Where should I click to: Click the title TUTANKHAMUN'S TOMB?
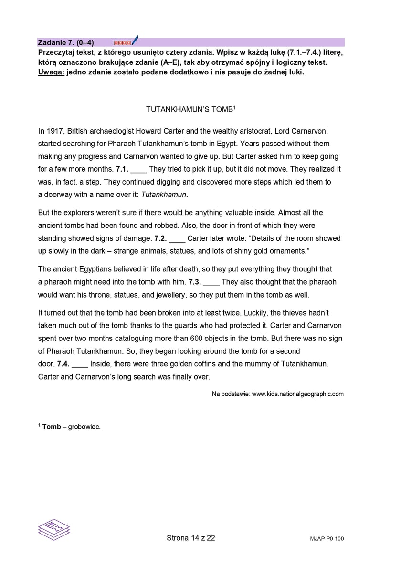[190, 109]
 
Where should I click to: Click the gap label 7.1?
[122, 169]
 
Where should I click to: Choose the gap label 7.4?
[63, 364]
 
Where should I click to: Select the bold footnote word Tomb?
[52, 427]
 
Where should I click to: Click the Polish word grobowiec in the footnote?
[84, 427]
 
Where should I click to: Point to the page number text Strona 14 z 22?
[191, 538]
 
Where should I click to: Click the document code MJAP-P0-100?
[327, 539]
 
